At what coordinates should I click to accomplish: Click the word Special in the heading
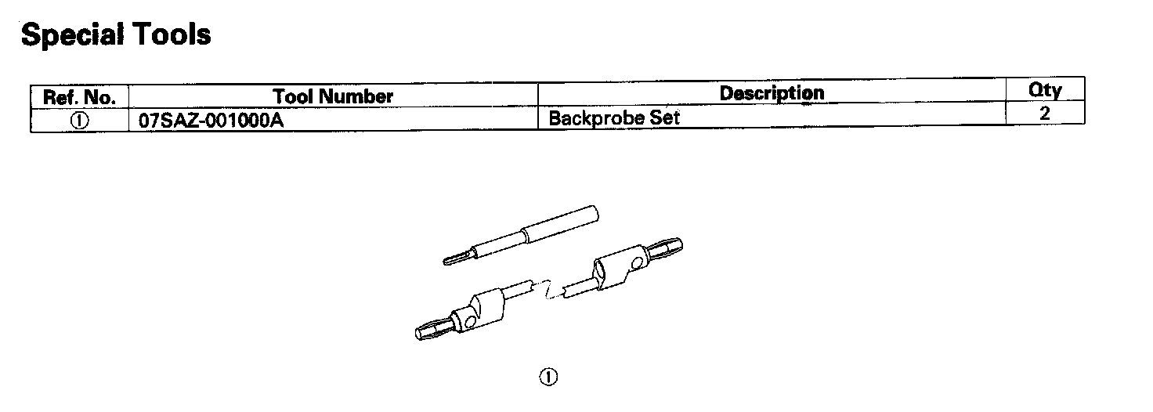click(72, 34)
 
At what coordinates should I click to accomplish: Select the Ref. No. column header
click(79, 98)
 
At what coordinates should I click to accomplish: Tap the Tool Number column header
click(333, 97)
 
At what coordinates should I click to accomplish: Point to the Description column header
click(772, 93)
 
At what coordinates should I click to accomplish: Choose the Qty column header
click(1045, 91)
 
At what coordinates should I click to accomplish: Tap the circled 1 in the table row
click(80, 121)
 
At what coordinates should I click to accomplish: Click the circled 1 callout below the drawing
click(548, 377)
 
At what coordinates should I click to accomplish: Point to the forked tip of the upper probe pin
click(453, 258)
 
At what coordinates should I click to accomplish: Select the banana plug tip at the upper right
click(670, 247)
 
